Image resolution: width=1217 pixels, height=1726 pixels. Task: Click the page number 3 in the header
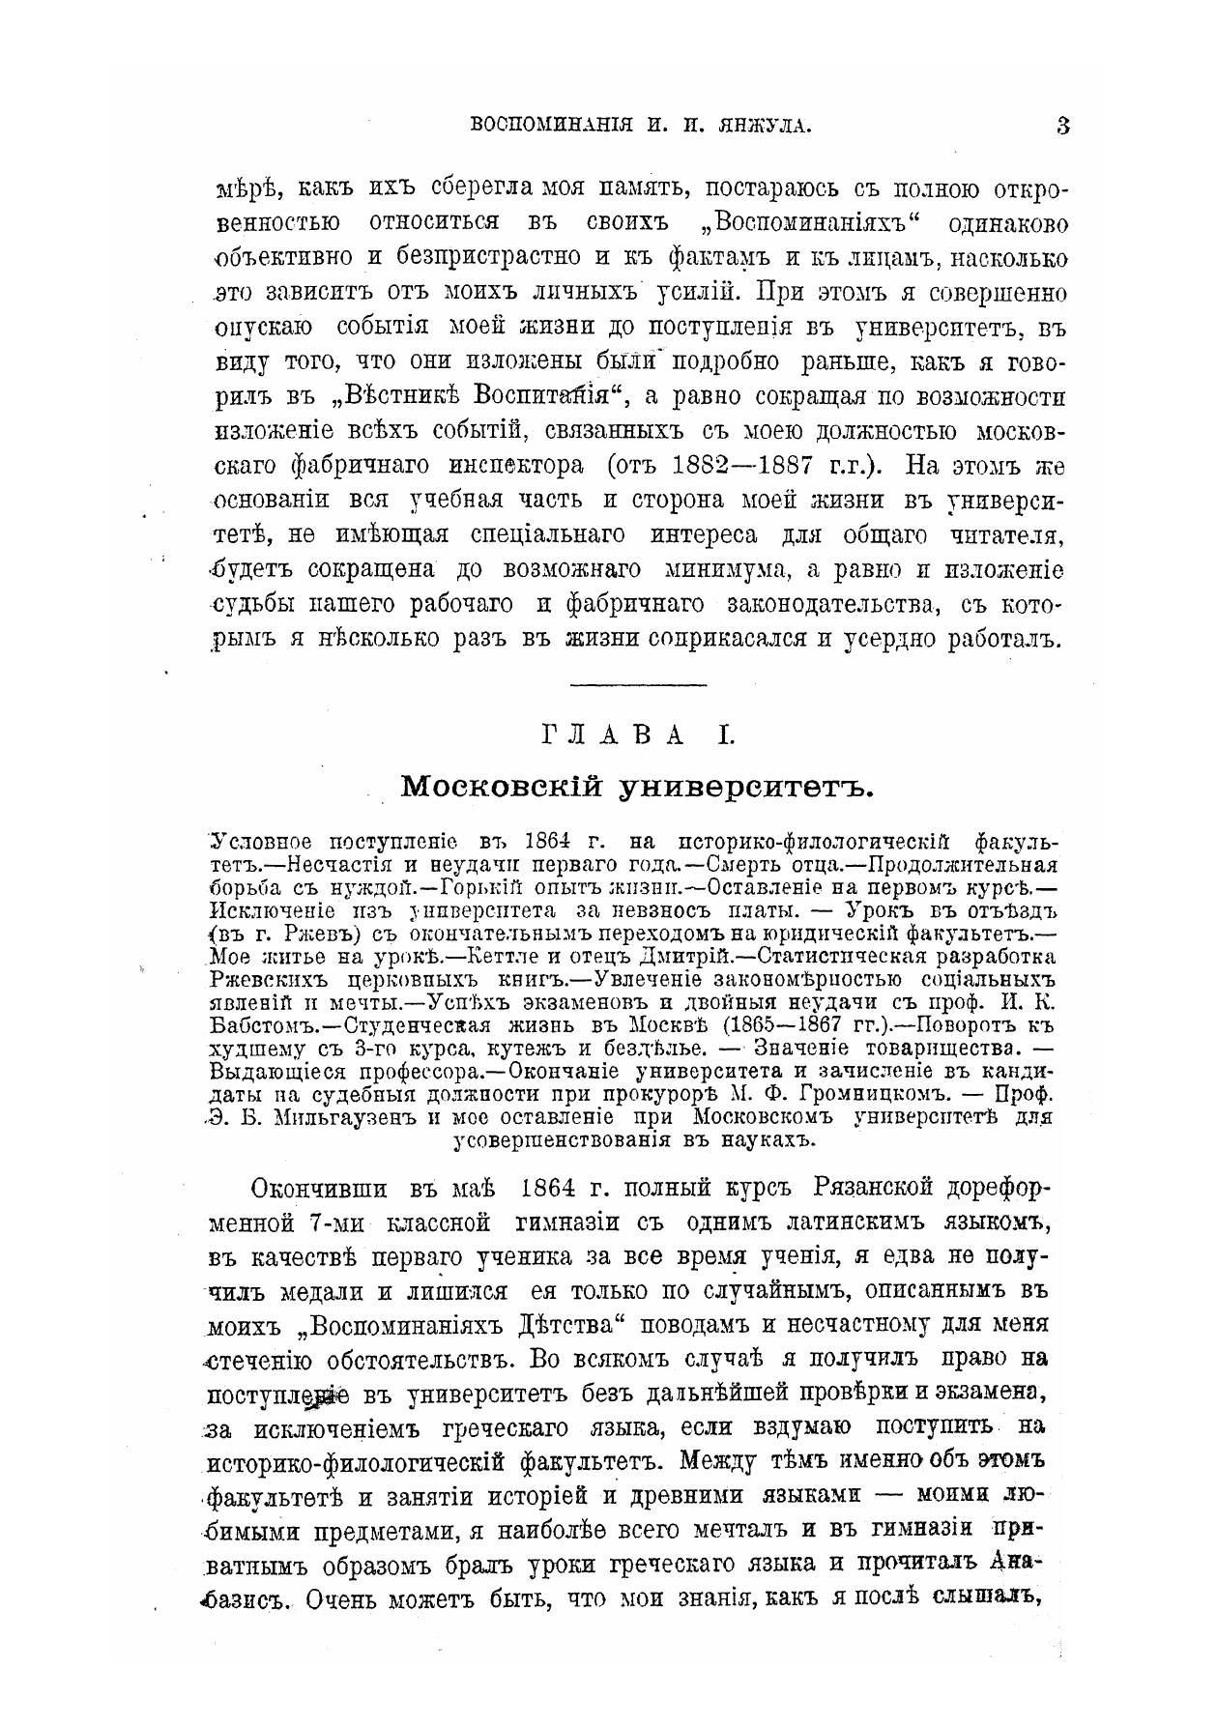[x=1063, y=125]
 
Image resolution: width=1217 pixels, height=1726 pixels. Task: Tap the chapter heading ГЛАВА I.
[x=640, y=736]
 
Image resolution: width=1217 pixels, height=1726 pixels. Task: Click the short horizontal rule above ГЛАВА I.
[x=639, y=685]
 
